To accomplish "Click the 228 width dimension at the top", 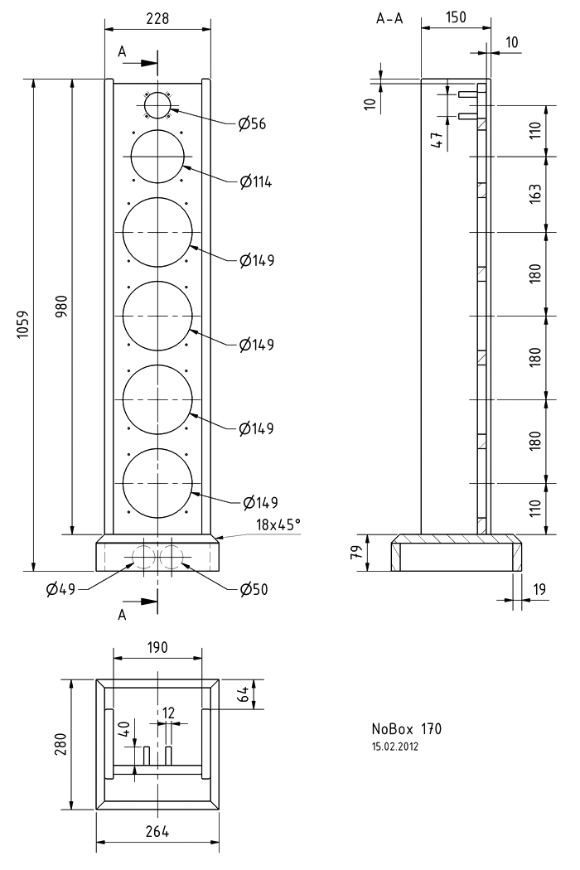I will (157, 17).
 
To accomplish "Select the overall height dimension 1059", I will (22, 325).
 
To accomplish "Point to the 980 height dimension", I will (62, 307).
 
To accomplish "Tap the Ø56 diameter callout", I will (253, 124).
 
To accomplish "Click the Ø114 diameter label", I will (256, 181).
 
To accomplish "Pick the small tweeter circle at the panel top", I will (157, 107).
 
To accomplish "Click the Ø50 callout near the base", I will (254, 589).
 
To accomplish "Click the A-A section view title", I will (389, 19).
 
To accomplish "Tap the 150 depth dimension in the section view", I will (455, 17).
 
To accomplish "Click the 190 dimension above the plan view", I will (157, 647).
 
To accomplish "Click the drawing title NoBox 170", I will (406, 729).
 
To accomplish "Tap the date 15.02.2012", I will (396, 747).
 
